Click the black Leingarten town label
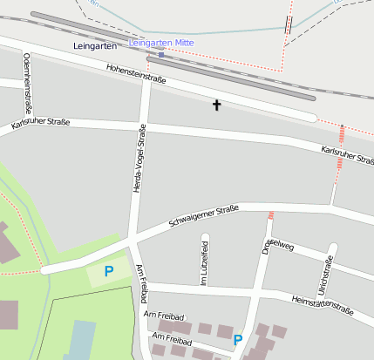tap(96, 45)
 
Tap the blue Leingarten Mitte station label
tap(161, 42)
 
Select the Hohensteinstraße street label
tap(136, 77)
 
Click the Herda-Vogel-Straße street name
tap(138, 158)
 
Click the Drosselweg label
tap(278, 247)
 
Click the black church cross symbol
tap(216, 105)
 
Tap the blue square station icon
tap(160, 54)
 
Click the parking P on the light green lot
tap(109, 271)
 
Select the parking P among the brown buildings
tap(237, 340)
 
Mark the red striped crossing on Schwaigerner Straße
tap(271, 214)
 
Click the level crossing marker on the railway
tap(288, 25)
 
